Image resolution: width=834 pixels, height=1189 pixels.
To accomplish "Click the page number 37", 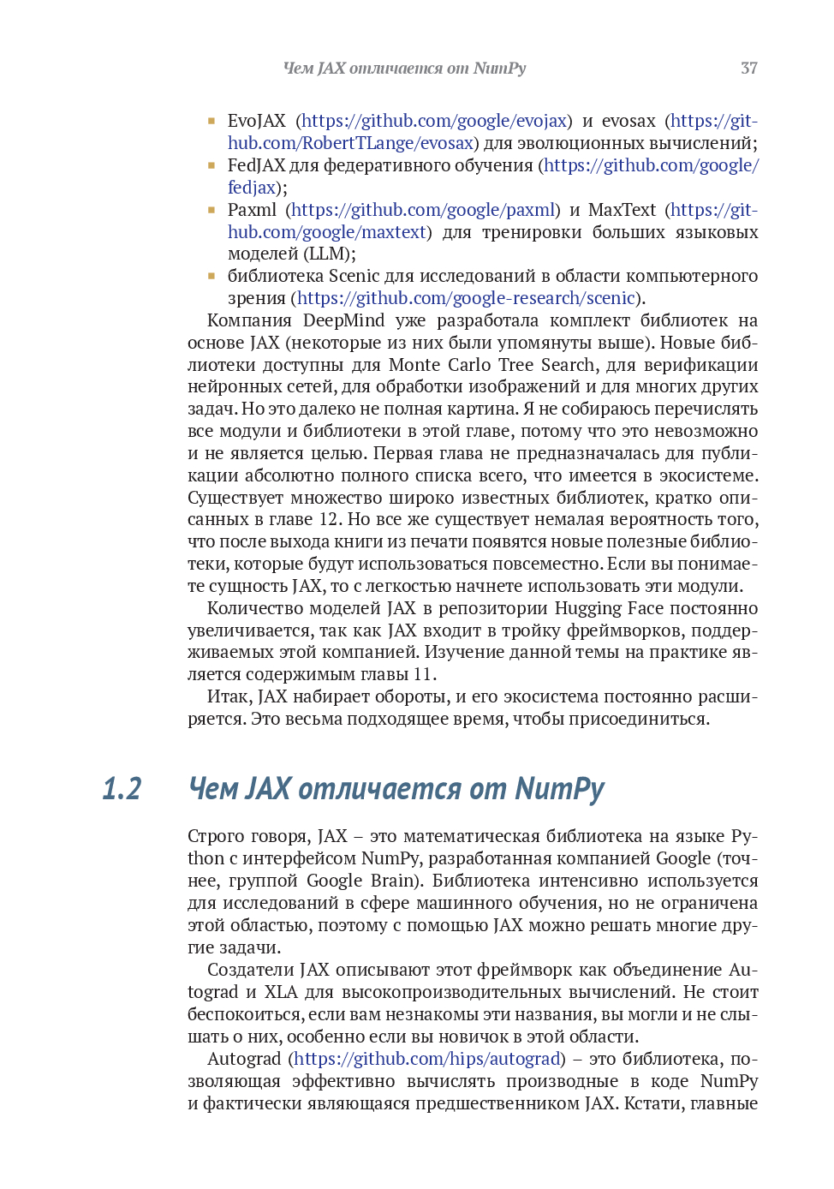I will [x=748, y=69].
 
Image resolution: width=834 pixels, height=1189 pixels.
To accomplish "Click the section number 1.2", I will [x=122, y=789].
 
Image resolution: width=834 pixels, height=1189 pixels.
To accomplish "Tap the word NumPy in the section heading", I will [x=560, y=789].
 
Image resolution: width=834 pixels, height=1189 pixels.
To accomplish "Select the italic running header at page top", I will [x=404, y=69].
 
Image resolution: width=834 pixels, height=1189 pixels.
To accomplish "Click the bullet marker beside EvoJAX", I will [x=211, y=121].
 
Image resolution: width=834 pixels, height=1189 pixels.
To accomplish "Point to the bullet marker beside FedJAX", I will [x=211, y=165].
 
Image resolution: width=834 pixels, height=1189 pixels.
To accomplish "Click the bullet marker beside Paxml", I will [x=211, y=210].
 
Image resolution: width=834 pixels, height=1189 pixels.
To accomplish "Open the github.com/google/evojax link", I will [x=434, y=121].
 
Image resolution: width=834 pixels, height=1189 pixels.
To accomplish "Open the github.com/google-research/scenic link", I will [x=466, y=298].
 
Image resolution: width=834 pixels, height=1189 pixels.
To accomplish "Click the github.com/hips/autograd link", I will [x=427, y=1059].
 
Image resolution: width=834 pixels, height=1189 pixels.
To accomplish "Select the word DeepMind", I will [x=343, y=320].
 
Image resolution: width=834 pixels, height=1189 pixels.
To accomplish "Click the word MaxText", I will [x=622, y=210].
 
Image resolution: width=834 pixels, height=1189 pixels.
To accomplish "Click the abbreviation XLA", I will [x=281, y=992].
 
